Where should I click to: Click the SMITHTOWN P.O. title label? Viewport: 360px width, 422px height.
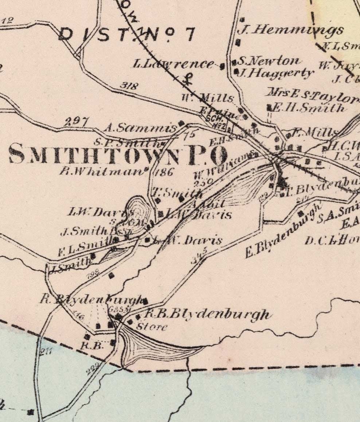coord(118,154)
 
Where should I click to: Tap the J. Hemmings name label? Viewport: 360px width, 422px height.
coord(290,30)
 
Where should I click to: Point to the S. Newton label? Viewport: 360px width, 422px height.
coord(269,61)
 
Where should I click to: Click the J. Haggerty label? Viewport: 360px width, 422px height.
coord(276,73)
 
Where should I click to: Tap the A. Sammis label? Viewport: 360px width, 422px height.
coord(140,128)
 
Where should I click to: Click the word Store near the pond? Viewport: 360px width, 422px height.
coord(152,327)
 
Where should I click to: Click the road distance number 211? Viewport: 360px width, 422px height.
coord(46,352)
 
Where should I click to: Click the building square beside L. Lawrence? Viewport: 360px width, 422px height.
coord(223,66)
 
